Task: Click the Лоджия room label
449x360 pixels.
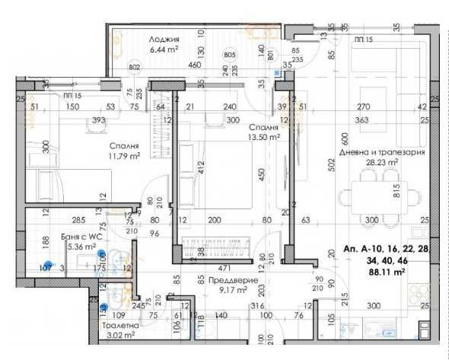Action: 164,40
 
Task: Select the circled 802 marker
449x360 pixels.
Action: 135,67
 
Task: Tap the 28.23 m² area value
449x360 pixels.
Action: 383,162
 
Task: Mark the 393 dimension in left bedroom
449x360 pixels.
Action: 99,119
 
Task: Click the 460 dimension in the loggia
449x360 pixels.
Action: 195,65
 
